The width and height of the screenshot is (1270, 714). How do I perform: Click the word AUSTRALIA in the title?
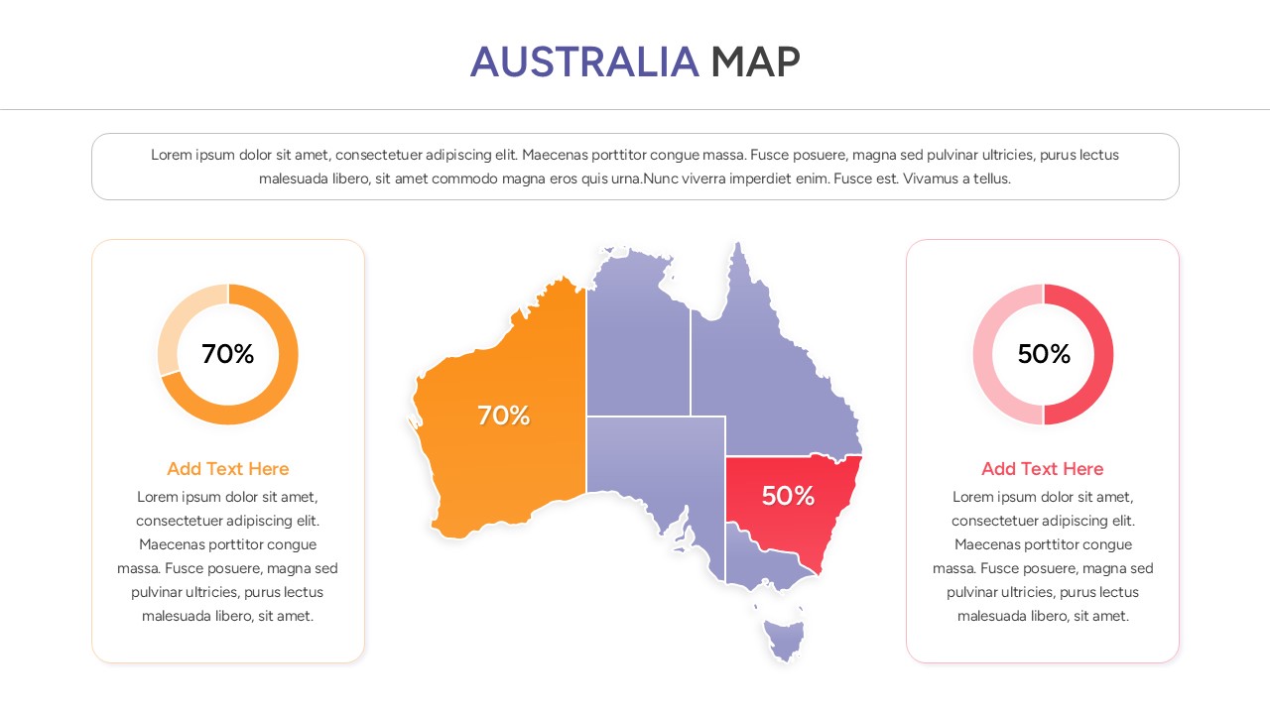(584, 61)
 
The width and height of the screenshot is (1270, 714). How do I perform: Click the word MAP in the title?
(755, 61)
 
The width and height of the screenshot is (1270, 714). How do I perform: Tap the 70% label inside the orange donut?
(228, 354)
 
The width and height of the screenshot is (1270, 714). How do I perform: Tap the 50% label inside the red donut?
(1044, 354)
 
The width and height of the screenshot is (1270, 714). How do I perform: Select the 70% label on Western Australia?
(504, 416)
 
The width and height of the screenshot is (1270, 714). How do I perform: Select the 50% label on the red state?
(788, 496)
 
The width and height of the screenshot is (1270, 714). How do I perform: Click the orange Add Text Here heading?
(228, 469)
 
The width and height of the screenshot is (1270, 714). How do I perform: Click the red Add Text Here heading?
(1043, 469)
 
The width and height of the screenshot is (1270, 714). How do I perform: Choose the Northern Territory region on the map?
(637, 337)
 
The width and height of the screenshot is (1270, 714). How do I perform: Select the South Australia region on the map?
(655, 456)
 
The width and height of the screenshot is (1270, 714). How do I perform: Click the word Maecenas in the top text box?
(556, 155)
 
